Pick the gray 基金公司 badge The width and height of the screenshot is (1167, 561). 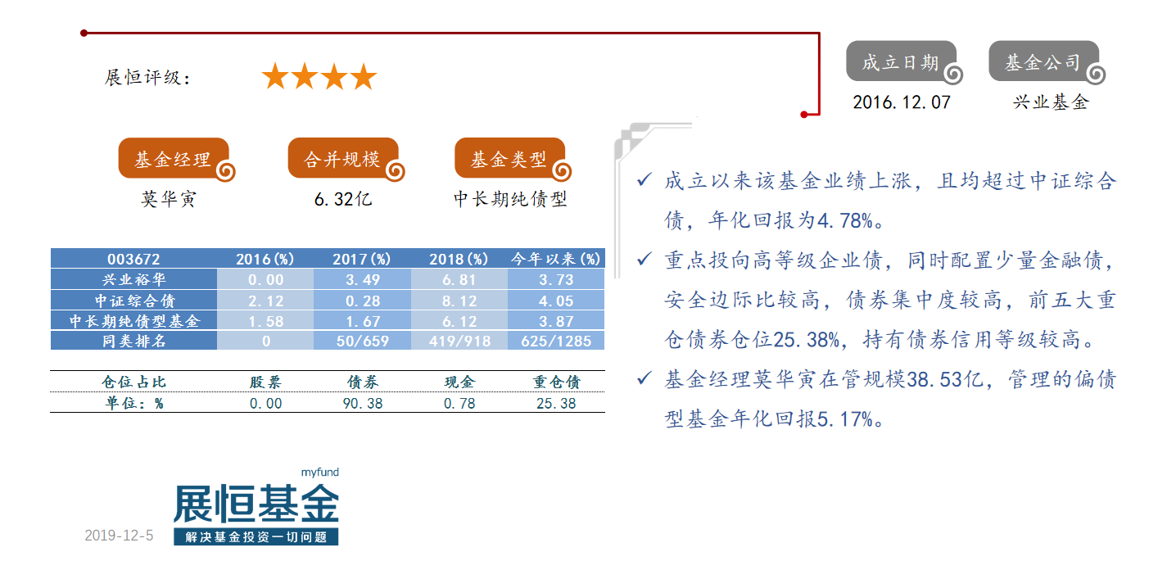point(1047,62)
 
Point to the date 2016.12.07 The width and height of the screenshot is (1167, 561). point(902,102)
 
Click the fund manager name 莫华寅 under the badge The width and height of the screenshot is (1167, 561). point(169,198)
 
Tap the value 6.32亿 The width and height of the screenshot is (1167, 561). point(343,198)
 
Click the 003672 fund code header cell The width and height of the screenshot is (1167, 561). point(133,259)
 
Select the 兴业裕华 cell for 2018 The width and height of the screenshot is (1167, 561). point(459,280)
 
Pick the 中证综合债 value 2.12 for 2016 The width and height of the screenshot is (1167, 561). point(265,301)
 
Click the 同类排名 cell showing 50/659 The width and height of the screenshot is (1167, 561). point(363,342)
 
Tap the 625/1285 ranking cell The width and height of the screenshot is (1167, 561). point(556,342)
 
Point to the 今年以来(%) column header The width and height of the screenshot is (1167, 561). point(556,259)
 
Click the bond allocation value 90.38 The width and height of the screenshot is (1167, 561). point(363,403)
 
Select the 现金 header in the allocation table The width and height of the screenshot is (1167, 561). point(459,382)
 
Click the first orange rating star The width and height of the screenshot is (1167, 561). point(275,76)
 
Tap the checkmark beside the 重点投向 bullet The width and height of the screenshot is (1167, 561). point(644,258)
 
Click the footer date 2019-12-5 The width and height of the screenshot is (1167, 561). point(119,536)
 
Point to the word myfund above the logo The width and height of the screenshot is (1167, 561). point(320,472)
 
